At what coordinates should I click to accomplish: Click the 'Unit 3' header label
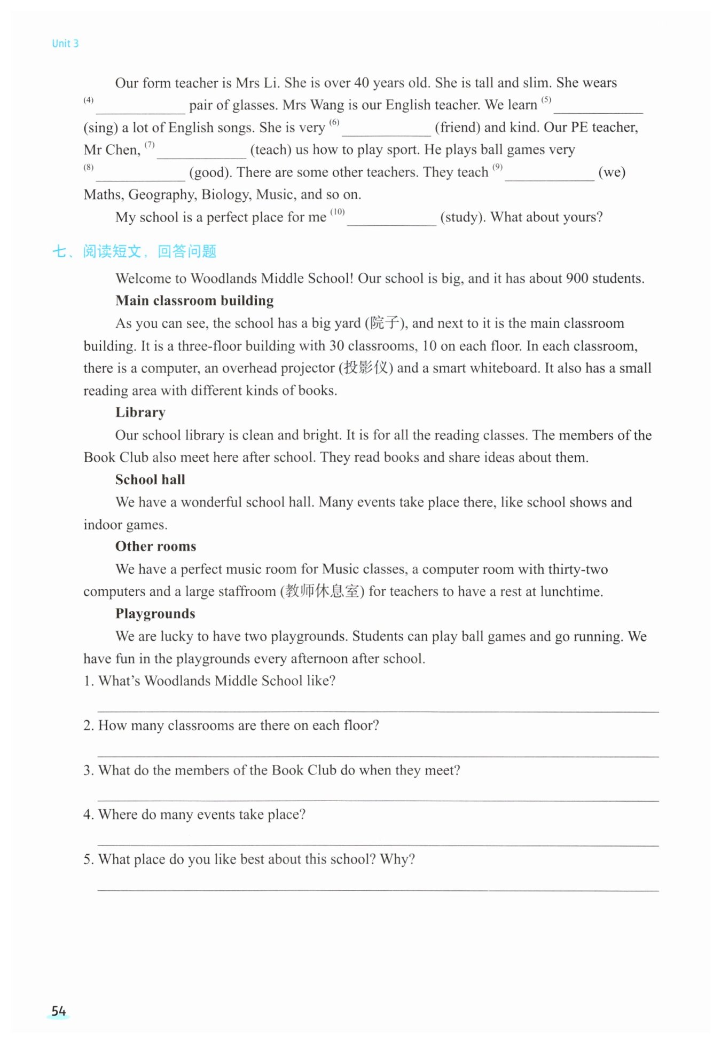tap(65, 44)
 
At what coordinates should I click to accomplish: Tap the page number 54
tap(58, 1011)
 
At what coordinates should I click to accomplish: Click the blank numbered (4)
tap(140, 107)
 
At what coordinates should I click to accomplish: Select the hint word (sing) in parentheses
tap(100, 128)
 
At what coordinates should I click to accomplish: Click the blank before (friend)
tap(386, 129)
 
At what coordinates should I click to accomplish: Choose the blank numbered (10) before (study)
tap(391, 219)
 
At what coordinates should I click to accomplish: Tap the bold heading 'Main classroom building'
tap(194, 301)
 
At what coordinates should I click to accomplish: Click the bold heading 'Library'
tap(140, 413)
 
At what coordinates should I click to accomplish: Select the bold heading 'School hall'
tap(150, 480)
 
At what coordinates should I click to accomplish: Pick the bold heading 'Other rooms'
tap(155, 547)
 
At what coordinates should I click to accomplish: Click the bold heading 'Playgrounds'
tap(155, 614)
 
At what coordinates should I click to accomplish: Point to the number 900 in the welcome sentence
tap(577, 279)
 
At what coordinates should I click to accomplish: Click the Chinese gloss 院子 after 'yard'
tap(385, 323)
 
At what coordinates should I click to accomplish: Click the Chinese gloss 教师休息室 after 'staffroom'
tap(322, 591)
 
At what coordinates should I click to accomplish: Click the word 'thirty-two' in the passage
tap(578, 570)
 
